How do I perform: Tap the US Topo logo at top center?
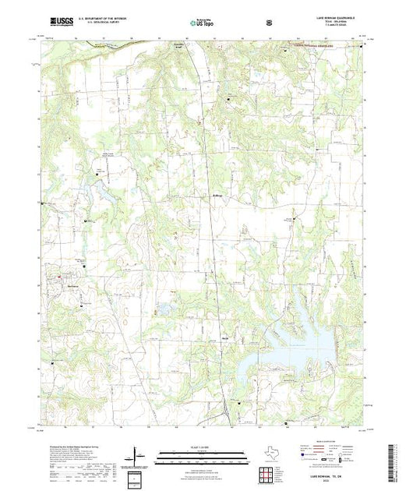203,23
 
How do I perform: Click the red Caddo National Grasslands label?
316,47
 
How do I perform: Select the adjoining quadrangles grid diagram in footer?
268,474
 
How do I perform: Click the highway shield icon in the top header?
269,23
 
